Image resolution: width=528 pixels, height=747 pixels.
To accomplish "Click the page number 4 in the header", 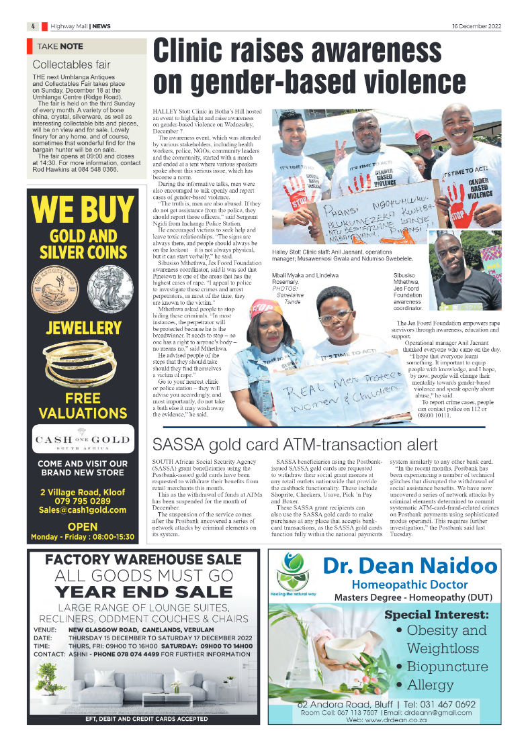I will [32, 26].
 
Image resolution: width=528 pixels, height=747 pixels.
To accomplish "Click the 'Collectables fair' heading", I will [71, 65].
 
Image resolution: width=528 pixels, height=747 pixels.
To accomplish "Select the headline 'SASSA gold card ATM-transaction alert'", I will [296, 444].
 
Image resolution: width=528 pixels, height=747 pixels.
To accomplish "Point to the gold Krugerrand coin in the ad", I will [60, 290].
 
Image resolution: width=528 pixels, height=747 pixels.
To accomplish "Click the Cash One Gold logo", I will [83, 441].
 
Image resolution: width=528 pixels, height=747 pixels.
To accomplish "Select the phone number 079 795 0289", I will [83, 501].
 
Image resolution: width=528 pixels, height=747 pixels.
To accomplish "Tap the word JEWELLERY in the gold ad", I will [83, 328].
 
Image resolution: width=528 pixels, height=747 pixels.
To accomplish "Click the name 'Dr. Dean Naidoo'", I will [410, 566].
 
